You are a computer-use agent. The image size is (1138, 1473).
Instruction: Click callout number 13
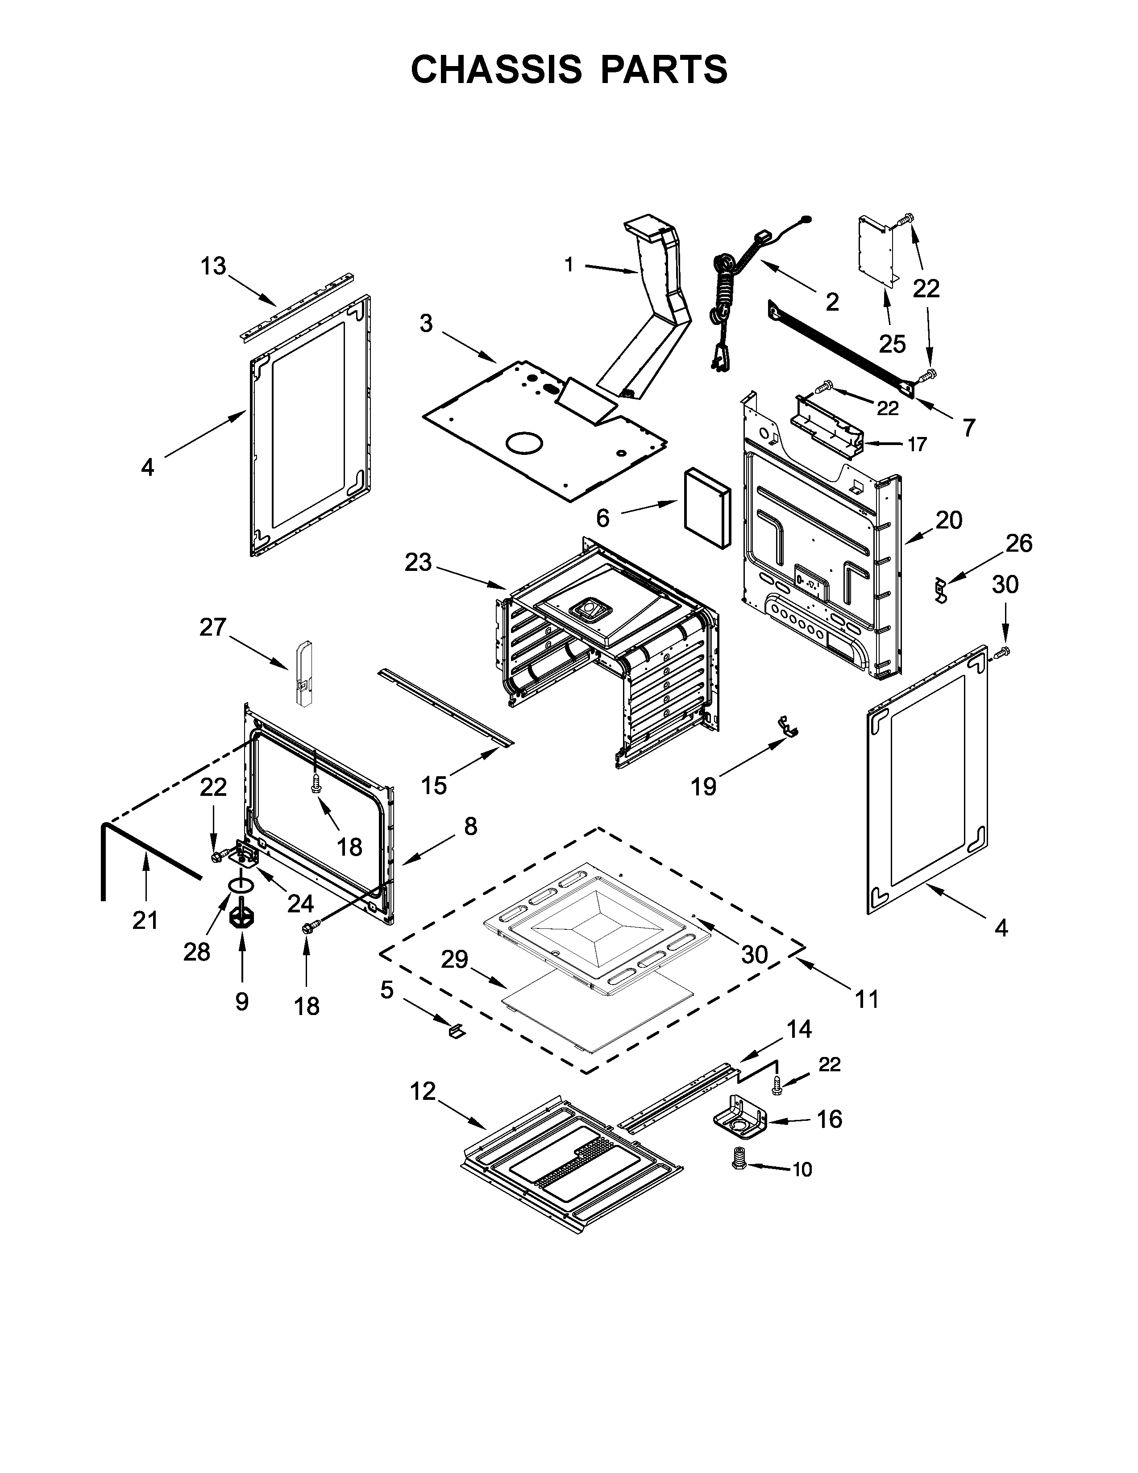213,266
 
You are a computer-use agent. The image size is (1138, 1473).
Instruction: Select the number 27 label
212,627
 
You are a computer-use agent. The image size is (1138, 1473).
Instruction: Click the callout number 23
418,562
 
